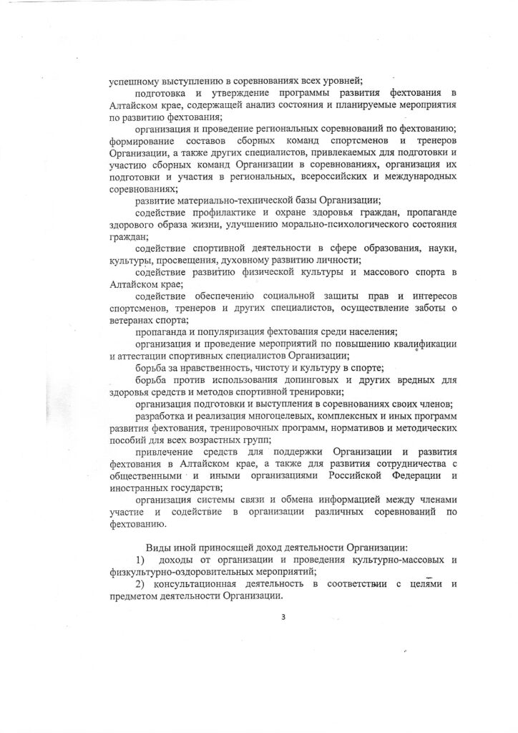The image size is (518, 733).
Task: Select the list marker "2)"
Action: coord(140,585)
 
